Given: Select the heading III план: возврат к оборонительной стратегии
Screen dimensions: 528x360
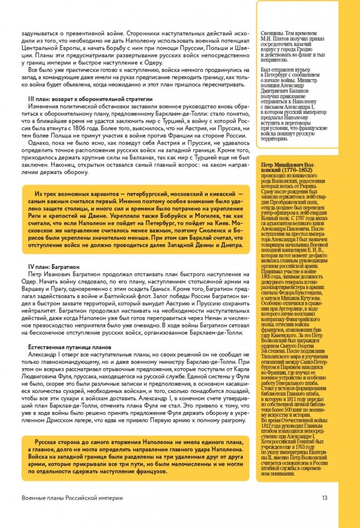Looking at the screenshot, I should [90, 99].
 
